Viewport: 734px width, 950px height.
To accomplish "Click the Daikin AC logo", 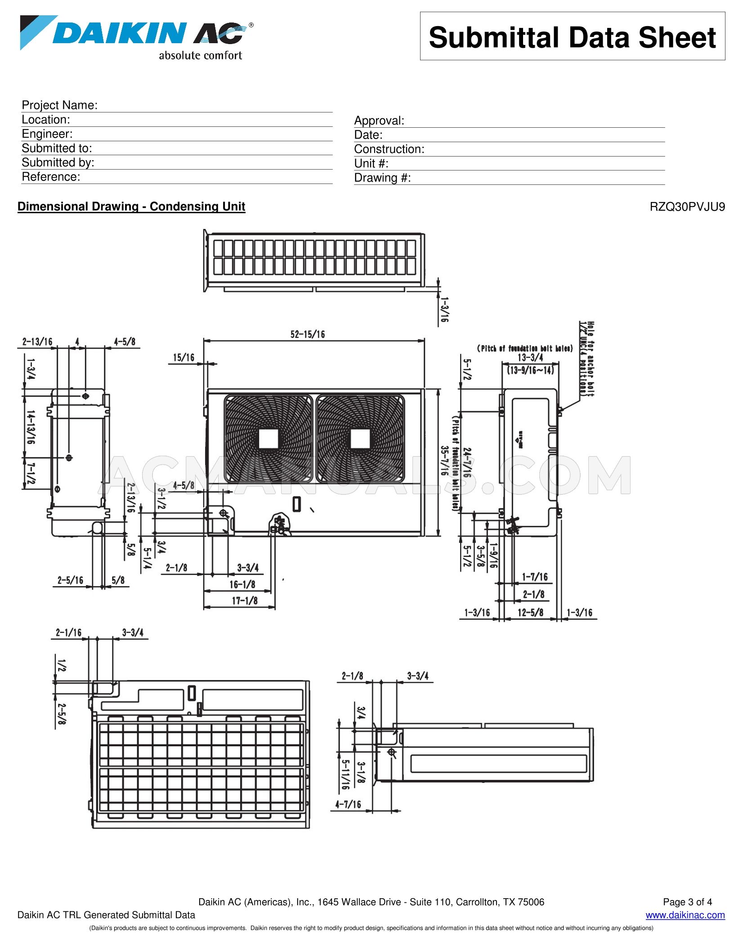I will (135, 36).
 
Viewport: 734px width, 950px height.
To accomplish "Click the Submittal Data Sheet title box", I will (572, 36).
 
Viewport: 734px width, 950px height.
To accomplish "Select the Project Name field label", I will (59, 105).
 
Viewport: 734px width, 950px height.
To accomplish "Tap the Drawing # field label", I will (382, 178).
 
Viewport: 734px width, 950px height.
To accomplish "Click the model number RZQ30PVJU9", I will (687, 207).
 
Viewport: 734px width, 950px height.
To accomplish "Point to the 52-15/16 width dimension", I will (308, 334).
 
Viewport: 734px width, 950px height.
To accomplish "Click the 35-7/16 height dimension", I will (444, 461).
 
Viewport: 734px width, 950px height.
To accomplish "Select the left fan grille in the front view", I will (269, 439).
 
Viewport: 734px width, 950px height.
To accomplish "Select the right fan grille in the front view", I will (360, 439).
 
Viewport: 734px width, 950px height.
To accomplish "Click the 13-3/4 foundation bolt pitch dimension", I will (530, 358).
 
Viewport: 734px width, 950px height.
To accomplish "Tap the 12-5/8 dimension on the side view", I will (530, 612).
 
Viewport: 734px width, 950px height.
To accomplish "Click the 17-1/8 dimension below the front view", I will (245, 600).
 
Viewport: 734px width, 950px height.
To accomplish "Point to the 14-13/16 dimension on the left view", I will (31, 427).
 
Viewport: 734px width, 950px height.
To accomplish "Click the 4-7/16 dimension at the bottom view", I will (348, 804).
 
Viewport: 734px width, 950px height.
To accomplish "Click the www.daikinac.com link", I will (685, 915).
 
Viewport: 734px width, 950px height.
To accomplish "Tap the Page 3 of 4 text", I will (687, 902).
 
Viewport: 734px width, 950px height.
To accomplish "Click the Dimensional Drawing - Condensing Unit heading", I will (131, 206).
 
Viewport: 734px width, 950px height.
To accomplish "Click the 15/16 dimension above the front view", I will (183, 357).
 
